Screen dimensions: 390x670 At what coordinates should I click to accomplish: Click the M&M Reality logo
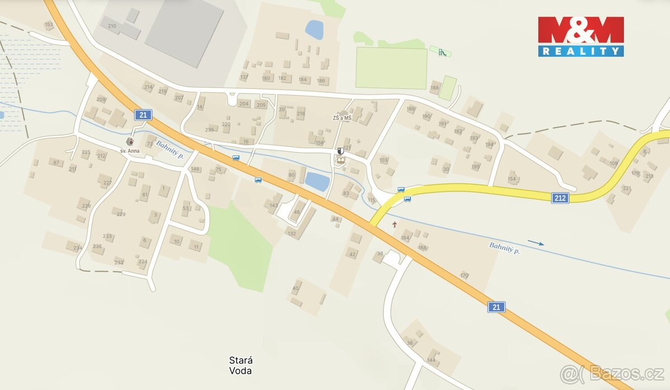(x=581, y=36)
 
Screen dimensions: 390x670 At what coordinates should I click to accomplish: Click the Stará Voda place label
(x=241, y=365)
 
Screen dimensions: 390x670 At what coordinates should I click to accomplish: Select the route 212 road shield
(x=561, y=198)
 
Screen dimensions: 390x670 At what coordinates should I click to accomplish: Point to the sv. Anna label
(x=130, y=151)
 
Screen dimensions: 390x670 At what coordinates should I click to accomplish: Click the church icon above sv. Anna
(x=130, y=141)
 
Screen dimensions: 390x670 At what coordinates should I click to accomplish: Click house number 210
(x=112, y=26)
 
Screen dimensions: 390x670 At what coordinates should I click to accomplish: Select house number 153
(x=49, y=25)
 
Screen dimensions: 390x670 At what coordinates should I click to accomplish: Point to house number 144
(x=431, y=360)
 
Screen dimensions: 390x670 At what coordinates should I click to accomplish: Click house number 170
(x=464, y=275)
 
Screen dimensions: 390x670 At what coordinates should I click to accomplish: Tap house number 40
(x=295, y=288)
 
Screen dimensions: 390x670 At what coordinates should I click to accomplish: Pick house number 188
(x=435, y=88)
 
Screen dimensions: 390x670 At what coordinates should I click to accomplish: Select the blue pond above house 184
(x=314, y=30)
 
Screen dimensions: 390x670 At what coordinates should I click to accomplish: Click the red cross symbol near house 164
(x=395, y=225)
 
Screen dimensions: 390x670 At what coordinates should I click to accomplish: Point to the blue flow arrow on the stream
(x=535, y=242)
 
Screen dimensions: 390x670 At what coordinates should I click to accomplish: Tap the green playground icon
(x=442, y=53)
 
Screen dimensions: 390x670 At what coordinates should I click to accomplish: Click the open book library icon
(x=340, y=161)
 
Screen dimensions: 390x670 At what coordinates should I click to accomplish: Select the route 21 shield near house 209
(x=143, y=115)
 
